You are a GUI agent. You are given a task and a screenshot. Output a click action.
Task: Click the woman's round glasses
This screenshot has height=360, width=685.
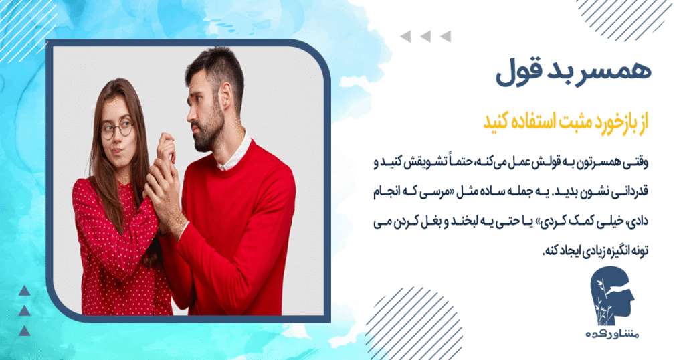(116, 128)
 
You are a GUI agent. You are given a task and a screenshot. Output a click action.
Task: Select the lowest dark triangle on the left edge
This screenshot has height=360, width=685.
(24, 331)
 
